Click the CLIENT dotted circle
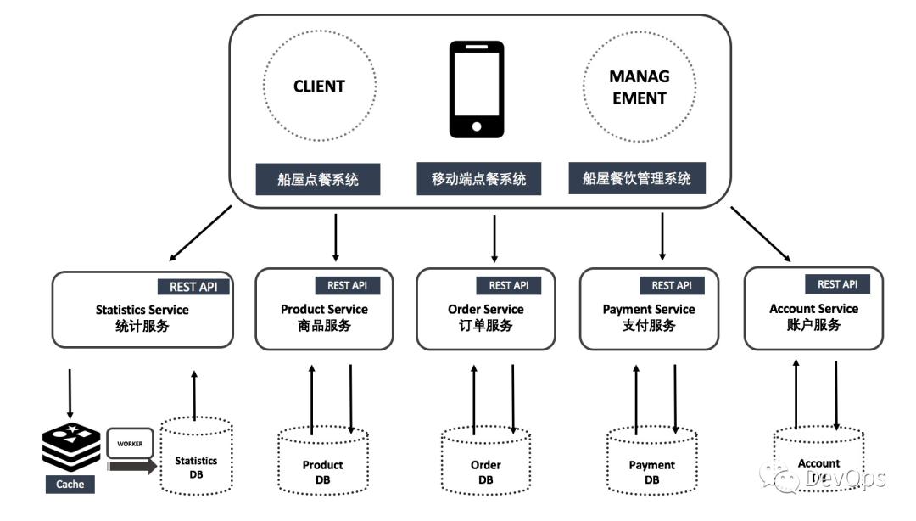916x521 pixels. [319, 87]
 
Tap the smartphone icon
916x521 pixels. [476, 89]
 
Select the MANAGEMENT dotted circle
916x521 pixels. [639, 87]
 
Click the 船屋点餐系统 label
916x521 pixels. [318, 179]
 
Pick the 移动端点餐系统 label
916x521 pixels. [478, 179]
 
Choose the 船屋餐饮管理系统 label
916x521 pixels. [637, 179]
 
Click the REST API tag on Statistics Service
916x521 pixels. [193, 287]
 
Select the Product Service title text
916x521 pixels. [324, 310]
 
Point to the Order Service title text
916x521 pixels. [485, 310]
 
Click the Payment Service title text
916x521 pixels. [649, 310]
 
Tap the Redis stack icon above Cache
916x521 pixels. [70, 445]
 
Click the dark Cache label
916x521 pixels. [70, 484]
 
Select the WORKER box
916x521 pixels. [130, 443]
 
